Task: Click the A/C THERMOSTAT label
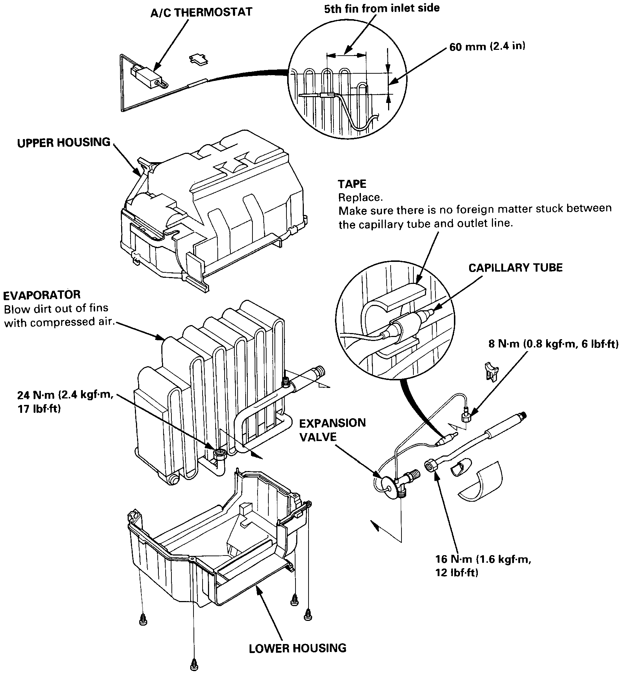(x=201, y=12)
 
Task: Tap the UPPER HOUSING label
(x=64, y=142)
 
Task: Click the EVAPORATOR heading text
(x=42, y=295)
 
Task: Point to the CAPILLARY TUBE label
(x=515, y=268)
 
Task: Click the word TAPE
(x=352, y=184)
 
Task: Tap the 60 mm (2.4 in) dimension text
(x=487, y=47)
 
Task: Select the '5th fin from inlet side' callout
(x=382, y=8)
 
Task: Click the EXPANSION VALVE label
(x=332, y=430)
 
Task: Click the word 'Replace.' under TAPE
(x=360, y=198)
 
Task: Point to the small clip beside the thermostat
(x=198, y=60)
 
